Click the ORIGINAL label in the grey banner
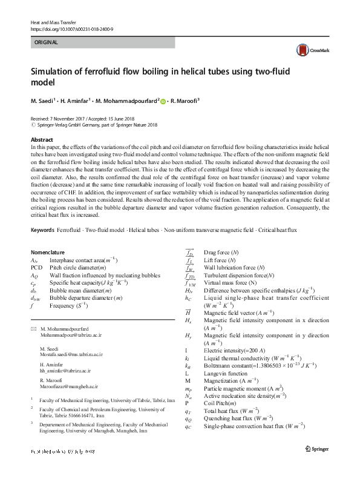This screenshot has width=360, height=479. (46, 43)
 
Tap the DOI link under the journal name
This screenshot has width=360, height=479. (71, 29)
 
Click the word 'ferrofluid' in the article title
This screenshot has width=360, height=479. (111, 71)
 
